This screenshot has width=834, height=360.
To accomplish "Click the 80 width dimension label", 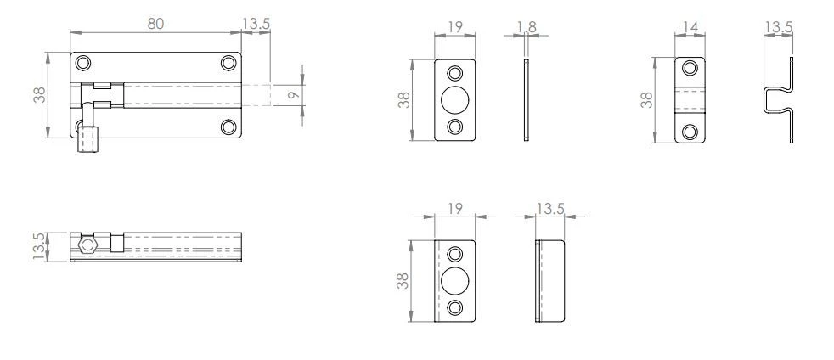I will (155, 24).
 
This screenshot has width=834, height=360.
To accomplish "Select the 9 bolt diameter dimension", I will (293, 95).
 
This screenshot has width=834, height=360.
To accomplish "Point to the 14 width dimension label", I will (690, 29).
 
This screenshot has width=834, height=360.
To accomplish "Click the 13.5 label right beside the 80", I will (256, 24).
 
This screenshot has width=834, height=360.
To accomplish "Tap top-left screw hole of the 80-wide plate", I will (82, 64).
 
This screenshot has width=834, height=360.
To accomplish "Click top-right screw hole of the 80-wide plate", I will (228, 64).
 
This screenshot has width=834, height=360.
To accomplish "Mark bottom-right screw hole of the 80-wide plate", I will (228, 127).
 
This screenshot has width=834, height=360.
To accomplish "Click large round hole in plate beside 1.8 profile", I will (455, 99).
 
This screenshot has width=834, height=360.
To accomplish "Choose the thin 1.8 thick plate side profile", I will (527, 99).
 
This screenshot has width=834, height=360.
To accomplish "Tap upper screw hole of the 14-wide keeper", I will (690, 68).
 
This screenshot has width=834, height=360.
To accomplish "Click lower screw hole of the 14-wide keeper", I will (690, 131).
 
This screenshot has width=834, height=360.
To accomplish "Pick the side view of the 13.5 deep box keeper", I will (550, 281).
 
